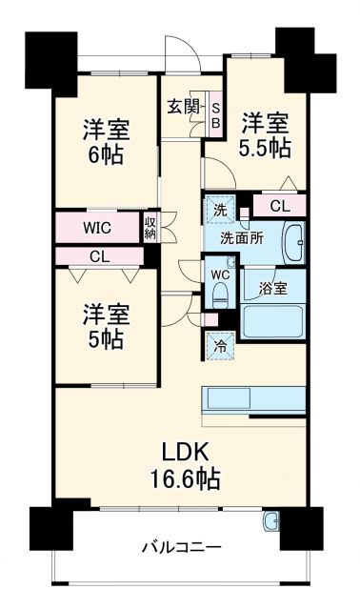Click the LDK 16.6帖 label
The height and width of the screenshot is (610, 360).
coord(184,464)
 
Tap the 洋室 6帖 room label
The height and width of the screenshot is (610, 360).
coord(104,142)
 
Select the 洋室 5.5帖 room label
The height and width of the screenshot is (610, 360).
coord(264,134)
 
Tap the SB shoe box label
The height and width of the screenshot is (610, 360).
coord(215,115)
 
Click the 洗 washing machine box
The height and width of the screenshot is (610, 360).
coord(219,209)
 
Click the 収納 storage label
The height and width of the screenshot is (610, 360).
coord(150,228)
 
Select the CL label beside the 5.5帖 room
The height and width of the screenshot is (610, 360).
coord(280,206)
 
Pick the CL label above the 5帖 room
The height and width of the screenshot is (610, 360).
coord(99,256)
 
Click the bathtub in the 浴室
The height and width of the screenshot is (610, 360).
coord(272,320)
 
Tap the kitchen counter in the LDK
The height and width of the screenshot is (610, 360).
coord(252,398)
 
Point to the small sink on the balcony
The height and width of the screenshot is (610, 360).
coord(270,521)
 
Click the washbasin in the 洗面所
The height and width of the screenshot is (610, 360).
coord(292,245)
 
